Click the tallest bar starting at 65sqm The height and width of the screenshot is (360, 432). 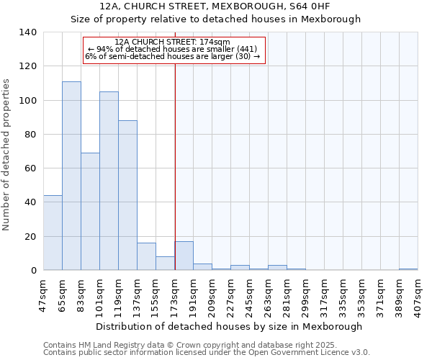71,176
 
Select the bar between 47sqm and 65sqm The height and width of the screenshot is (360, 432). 53,233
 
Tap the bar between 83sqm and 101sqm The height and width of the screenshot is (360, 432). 90,211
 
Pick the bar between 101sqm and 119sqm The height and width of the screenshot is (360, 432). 109,181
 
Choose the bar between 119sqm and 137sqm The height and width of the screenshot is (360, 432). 127,195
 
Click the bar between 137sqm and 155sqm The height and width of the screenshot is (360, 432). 146,256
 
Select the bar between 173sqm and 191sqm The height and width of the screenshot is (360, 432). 184,256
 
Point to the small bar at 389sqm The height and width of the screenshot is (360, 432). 408,269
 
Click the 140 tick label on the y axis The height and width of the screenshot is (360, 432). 28,32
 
